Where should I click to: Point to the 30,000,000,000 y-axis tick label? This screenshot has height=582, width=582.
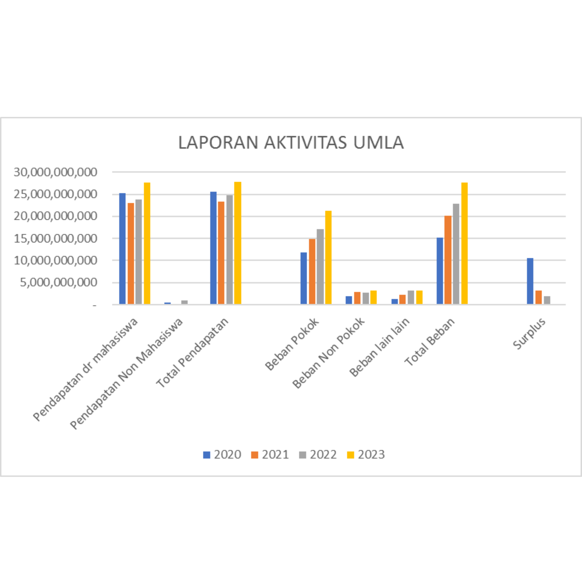pyautogui.click(x=55, y=172)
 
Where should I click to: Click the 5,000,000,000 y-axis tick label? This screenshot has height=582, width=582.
pyautogui.click(x=59, y=283)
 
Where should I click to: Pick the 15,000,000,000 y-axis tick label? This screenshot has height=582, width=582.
pyautogui.click(x=55, y=239)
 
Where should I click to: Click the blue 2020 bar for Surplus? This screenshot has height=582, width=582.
pyautogui.click(x=530, y=281)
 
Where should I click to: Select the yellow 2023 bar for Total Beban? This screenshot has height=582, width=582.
pyautogui.click(x=464, y=243)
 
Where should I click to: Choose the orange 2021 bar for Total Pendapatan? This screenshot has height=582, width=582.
pyautogui.click(x=221, y=253)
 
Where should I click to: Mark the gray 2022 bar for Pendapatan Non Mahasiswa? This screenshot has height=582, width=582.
pyautogui.click(x=184, y=302)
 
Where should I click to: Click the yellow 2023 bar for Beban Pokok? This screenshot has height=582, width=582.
pyautogui.click(x=328, y=258)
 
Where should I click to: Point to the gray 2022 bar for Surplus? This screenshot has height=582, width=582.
pyautogui.click(x=547, y=300)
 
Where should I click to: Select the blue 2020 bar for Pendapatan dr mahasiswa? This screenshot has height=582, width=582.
pyautogui.click(x=122, y=248)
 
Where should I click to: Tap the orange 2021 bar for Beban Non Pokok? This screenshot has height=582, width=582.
pyautogui.click(x=357, y=298)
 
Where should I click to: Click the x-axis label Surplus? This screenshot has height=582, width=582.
pyautogui.click(x=529, y=334)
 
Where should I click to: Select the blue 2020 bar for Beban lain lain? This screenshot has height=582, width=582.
pyautogui.click(x=395, y=302)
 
